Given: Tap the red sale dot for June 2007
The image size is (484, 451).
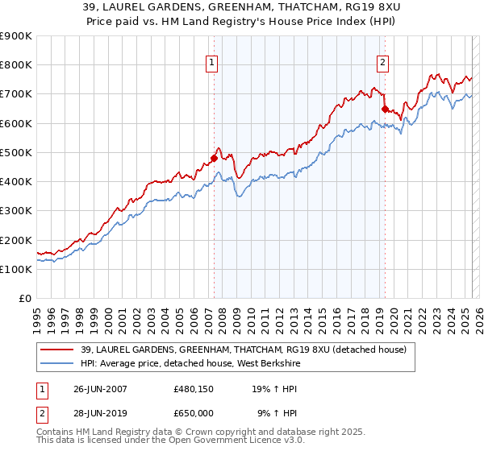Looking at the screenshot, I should (x=215, y=158).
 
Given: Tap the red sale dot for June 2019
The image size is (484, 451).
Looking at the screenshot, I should (x=385, y=109).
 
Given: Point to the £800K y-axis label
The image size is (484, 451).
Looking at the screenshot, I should (x=16, y=65).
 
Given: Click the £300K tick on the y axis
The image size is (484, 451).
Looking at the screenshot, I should (x=16, y=211).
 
